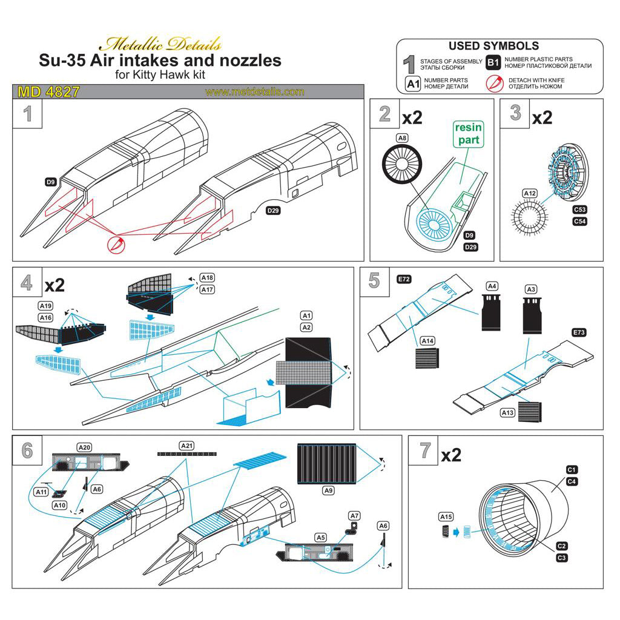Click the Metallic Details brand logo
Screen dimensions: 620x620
160,44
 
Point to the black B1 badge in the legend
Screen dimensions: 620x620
493,62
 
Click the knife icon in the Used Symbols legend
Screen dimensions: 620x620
495,83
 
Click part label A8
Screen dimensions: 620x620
402,138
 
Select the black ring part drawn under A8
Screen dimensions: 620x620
400,165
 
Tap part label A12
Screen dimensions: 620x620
529,194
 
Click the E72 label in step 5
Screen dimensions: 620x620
404,279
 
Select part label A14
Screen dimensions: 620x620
428,341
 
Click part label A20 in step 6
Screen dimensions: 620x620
85,447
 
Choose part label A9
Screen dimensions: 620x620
328,491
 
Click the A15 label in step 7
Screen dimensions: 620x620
446,516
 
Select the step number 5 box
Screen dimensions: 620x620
374,281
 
